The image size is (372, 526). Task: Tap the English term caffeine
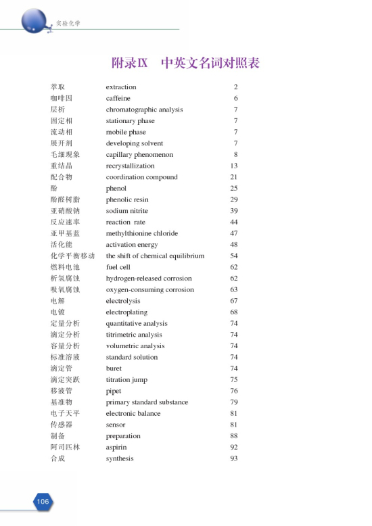coord(118,98)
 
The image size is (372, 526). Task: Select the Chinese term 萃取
coord(57,87)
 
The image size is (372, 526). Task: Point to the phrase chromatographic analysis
coord(144,110)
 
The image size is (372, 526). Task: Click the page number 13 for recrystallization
coord(234,166)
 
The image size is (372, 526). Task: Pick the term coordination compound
coord(141,177)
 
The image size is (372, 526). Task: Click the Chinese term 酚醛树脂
coord(66,199)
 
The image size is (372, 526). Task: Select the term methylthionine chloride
coord(142,233)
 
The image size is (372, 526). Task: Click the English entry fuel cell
coord(120,267)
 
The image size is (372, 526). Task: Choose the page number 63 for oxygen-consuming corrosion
coord(234,289)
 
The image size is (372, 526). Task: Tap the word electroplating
coord(126,312)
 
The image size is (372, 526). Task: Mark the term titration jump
coord(126,380)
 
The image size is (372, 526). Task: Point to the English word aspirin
coord(116,448)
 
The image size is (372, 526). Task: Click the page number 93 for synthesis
coord(234,458)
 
